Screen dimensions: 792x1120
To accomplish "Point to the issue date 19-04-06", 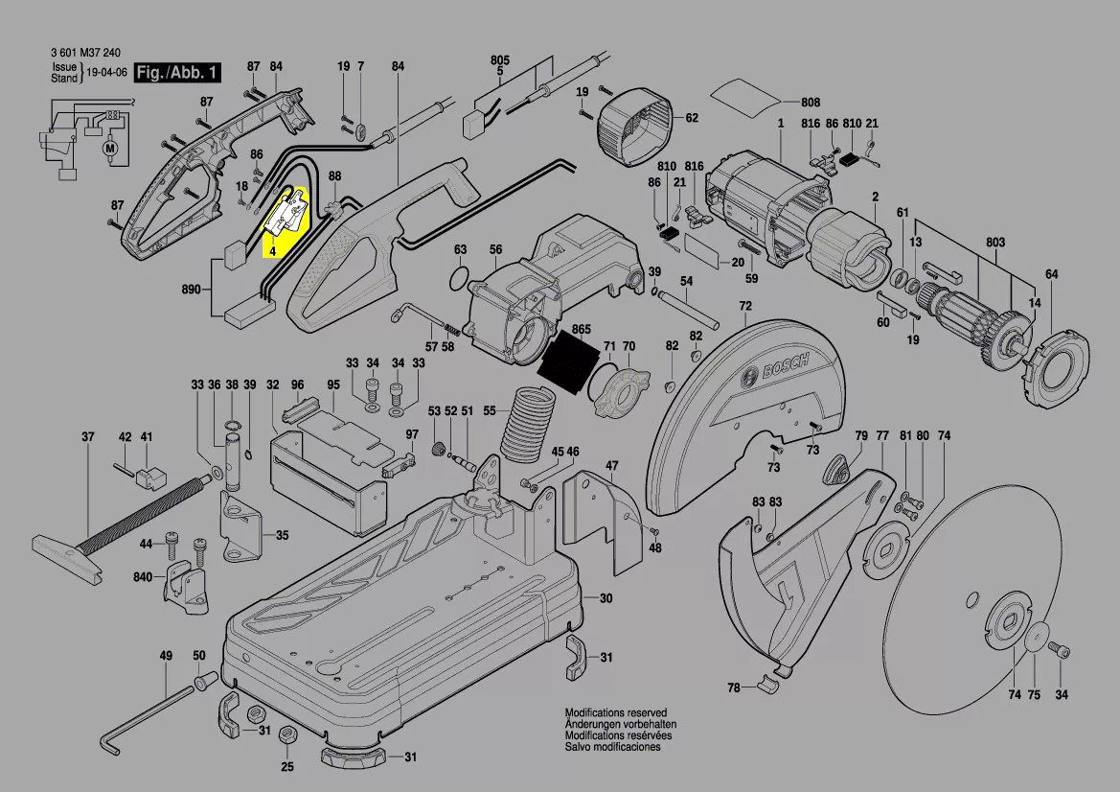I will pos(107,73).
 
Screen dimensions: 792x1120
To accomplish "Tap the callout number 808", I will pos(811,103).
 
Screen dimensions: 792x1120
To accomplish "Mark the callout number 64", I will pos(1051,275).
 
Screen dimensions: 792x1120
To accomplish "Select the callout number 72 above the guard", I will pos(745,306).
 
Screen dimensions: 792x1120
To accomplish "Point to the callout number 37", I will pos(87,437).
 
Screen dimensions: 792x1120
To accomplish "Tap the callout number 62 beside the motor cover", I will pos(691,118).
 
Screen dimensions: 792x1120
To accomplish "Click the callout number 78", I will pos(734,687).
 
